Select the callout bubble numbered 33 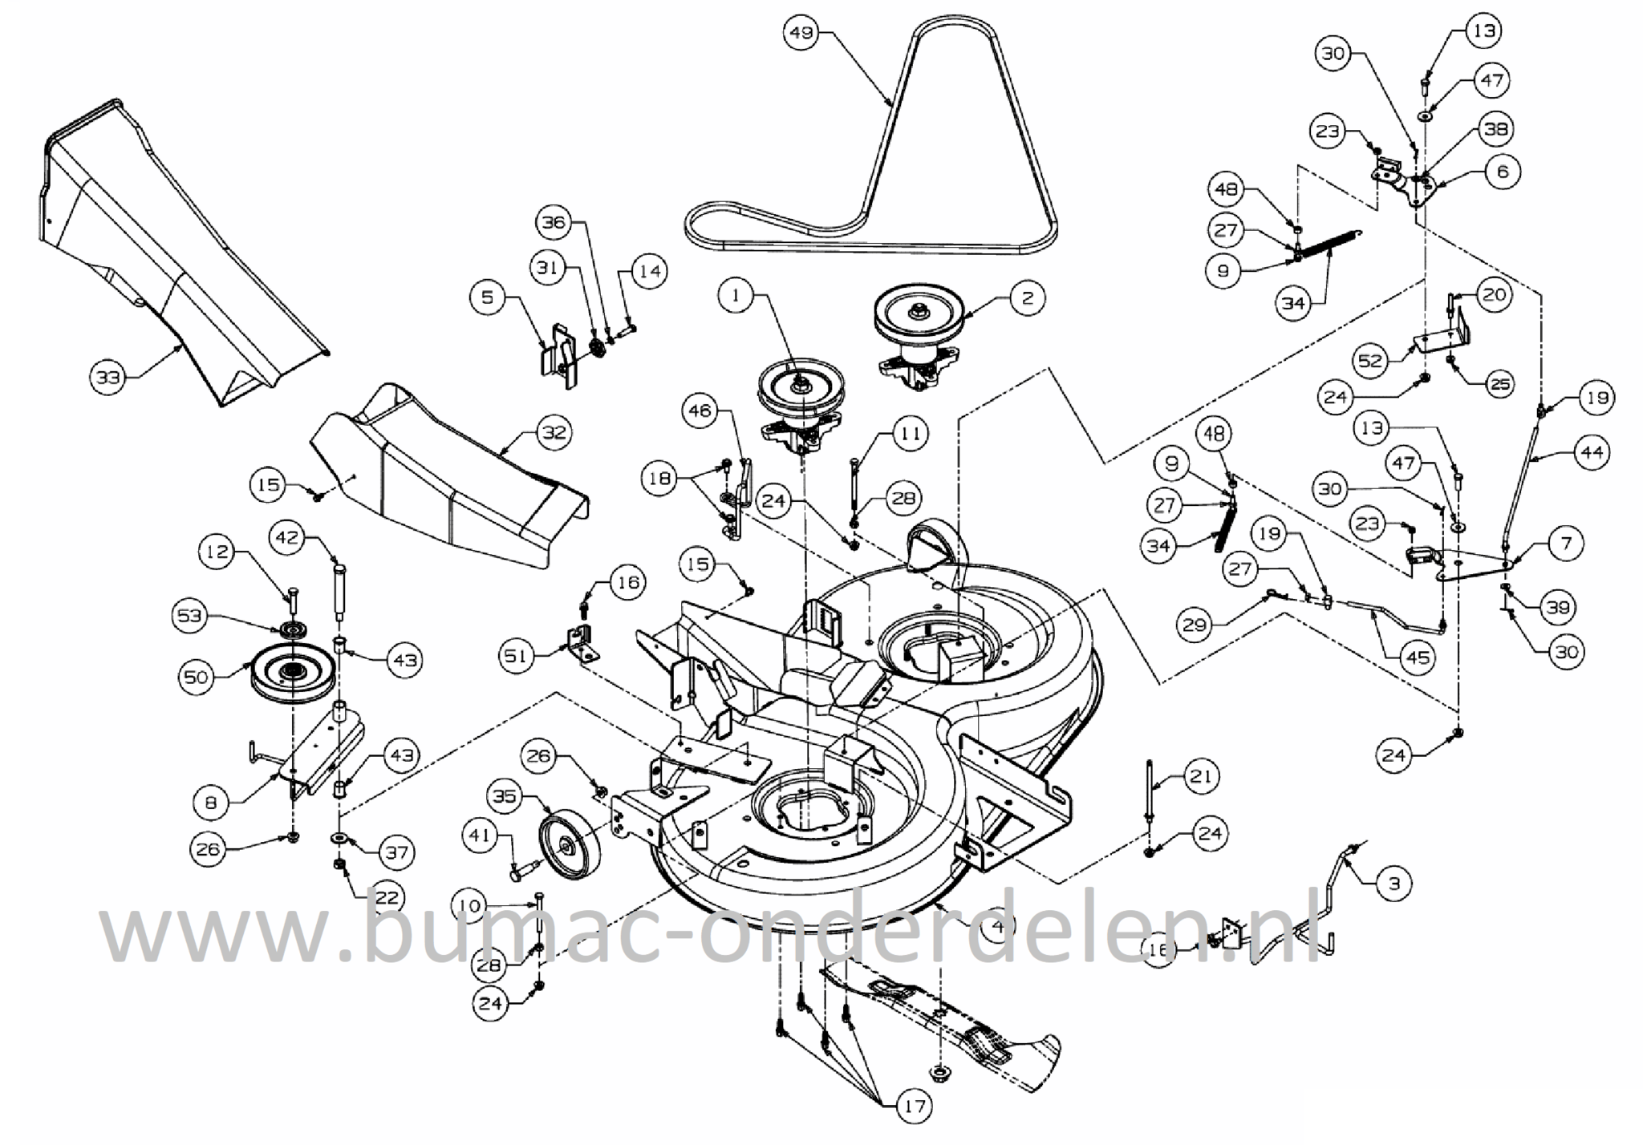point(108,376)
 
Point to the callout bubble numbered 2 point(1027,297)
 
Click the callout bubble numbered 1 point(736,296)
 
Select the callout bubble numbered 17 point(914,1107)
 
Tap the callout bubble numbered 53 point(190,616)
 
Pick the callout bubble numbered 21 point(1200,776)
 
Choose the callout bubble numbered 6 point(1502,171)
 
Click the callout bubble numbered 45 point(1418,657)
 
